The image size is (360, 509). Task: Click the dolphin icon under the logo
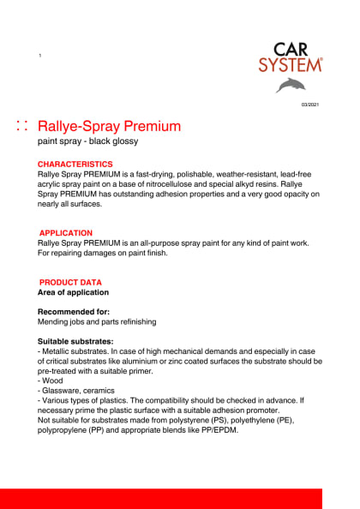pos(290,84)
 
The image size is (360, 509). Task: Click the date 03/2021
pos(309,104)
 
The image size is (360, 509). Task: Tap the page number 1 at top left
pos(40,56)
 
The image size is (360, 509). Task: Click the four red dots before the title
pos(23,127)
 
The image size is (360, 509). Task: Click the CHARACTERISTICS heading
pos(75,164)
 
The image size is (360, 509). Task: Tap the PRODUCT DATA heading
pos(70,282)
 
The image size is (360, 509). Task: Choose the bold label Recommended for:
pos(74,312)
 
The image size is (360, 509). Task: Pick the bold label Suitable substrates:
pos(76,341)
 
